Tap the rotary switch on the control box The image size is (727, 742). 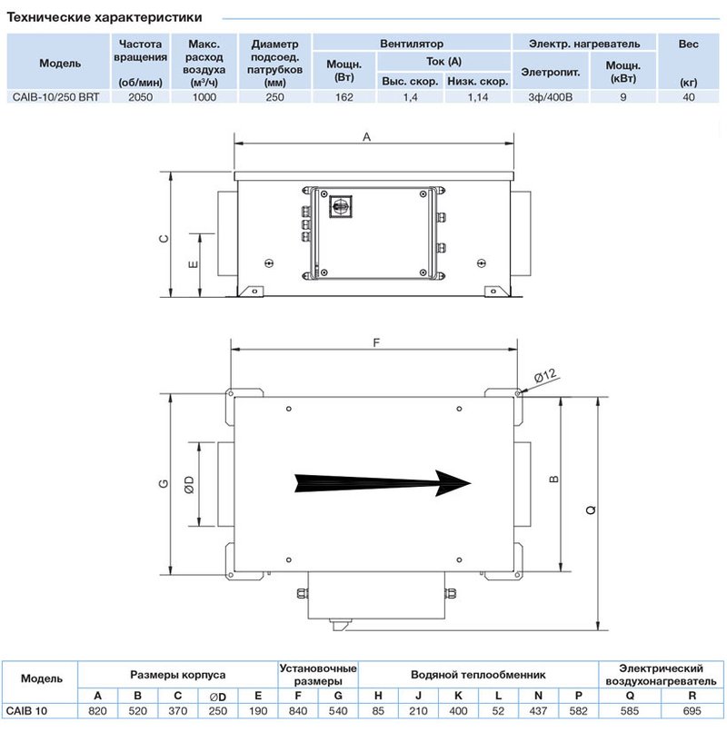[340, 206]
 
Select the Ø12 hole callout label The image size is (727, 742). [545, 376]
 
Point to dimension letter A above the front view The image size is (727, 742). [366, 137]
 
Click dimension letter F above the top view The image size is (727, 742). [376, 342]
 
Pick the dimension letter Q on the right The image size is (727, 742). [591, 510]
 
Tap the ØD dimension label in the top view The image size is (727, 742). [189, 485]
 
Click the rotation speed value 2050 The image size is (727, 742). [141, 97]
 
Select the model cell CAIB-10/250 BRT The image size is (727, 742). [55, 97]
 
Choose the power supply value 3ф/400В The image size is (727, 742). [551, 97]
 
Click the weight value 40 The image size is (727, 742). [689, 97]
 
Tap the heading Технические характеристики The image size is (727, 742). [105, 17]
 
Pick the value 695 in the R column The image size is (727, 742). [692, 711]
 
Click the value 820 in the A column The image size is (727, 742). [97, 711]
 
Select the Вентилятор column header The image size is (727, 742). [412, 44]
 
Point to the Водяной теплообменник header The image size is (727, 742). [478, 675]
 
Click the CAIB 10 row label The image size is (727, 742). [26, 711]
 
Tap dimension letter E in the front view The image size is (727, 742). [193, 264]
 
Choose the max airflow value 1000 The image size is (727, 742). [204, 97]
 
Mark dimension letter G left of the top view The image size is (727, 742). [164, 484]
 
